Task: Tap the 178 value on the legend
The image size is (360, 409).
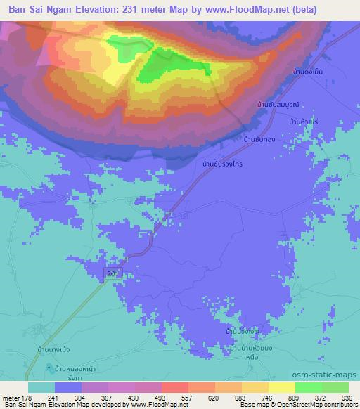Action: click(28, 397)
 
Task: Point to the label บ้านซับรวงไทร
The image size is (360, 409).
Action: click(222, 164)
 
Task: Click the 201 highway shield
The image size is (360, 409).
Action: click(113, 273)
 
